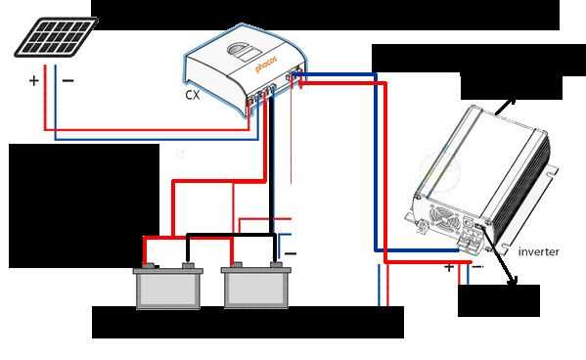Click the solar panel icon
click(x=56, y=37)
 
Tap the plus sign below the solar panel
click(x=34, y=80)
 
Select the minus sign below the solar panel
click(x=68, y=80)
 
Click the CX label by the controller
click(x=193, y=95)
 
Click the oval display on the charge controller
click(x=244, y=52)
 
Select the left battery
click(x=168, y=286)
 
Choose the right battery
click(x=256, y=286)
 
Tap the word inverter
click(x=538, y=252)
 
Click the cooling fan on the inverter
click(x=444, y=218)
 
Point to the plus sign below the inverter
click(x=449, y=267)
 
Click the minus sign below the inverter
click(x=477, y=267)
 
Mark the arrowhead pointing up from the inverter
click(x=512, y=101)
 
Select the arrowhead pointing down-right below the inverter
click(x=514, y=281)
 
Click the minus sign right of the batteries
click(x=291, y=253)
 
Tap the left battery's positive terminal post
click(x=149, y=266)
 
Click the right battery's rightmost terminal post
click(x=276, y=265)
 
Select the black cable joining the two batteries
click(x=231, y=236)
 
